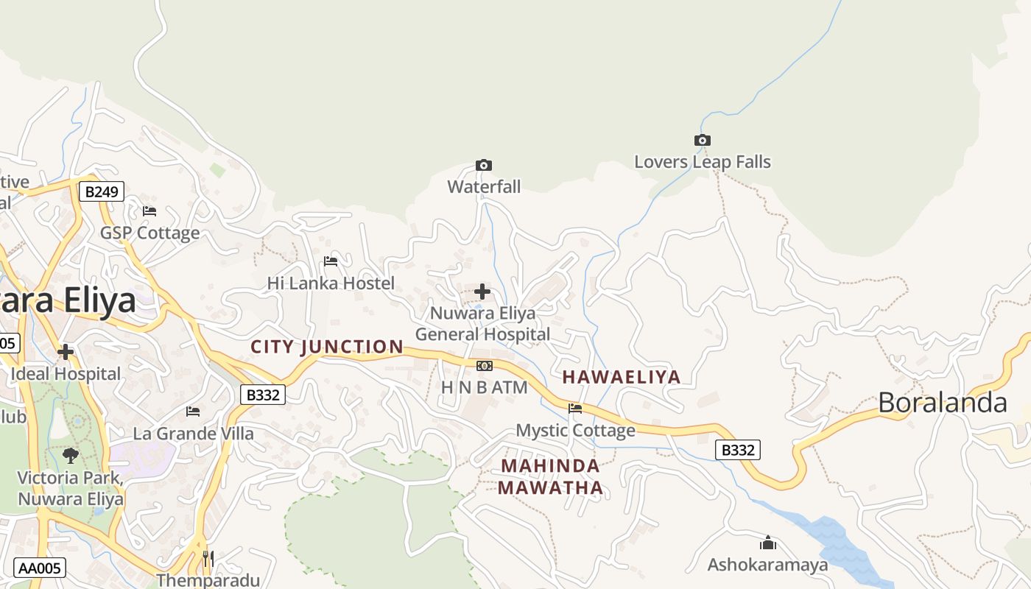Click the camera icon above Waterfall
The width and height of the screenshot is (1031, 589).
tap(484, 165)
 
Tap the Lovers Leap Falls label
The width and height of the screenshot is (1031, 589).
tap(703, 162)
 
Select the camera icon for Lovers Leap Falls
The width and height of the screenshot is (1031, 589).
tap(703, 140)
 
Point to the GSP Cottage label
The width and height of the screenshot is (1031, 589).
tap(150, 233)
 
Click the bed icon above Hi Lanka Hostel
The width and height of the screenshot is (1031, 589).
tap(331, 261)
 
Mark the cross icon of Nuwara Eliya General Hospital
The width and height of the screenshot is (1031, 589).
tap(482, 292)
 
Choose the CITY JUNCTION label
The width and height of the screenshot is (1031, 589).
tap(327, 347)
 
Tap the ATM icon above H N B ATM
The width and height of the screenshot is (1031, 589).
tap(484, 366)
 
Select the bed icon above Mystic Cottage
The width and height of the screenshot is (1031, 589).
tap(575, 408)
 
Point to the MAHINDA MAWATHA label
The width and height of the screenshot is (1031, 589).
tap(550, 476)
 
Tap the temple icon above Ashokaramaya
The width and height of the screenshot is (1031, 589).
tap(768, 543)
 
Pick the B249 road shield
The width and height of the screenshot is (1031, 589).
tap(102, 192)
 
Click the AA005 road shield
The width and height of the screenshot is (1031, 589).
tap(40, 568)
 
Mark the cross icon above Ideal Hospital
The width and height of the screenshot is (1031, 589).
tap(66, 352)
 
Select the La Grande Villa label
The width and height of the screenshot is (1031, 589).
tap(193, 434)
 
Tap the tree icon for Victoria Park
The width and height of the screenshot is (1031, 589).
tap(71, 455)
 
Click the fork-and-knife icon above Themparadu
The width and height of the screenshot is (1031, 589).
tap(208, 559)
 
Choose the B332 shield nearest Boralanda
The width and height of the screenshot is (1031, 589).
tap(738, 450)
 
